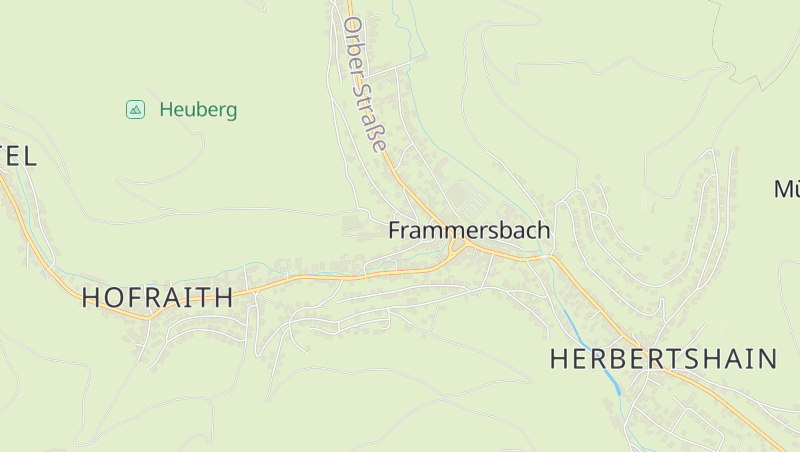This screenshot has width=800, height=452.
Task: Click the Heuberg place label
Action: click(198, 110)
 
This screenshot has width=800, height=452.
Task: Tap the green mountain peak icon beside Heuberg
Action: click(136, 109)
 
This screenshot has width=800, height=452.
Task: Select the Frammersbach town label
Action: click(469, 231)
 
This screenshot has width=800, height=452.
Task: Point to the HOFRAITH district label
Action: click(158, 297)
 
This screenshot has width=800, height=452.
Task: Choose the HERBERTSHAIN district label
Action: click(664, 360)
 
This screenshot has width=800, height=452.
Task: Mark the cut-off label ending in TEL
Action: click(18, 156)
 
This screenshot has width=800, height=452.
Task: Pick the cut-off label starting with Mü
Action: click(786, 189)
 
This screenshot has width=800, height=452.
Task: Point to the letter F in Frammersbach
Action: click(394, 231)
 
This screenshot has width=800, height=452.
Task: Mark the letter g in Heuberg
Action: click(231, 112)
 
